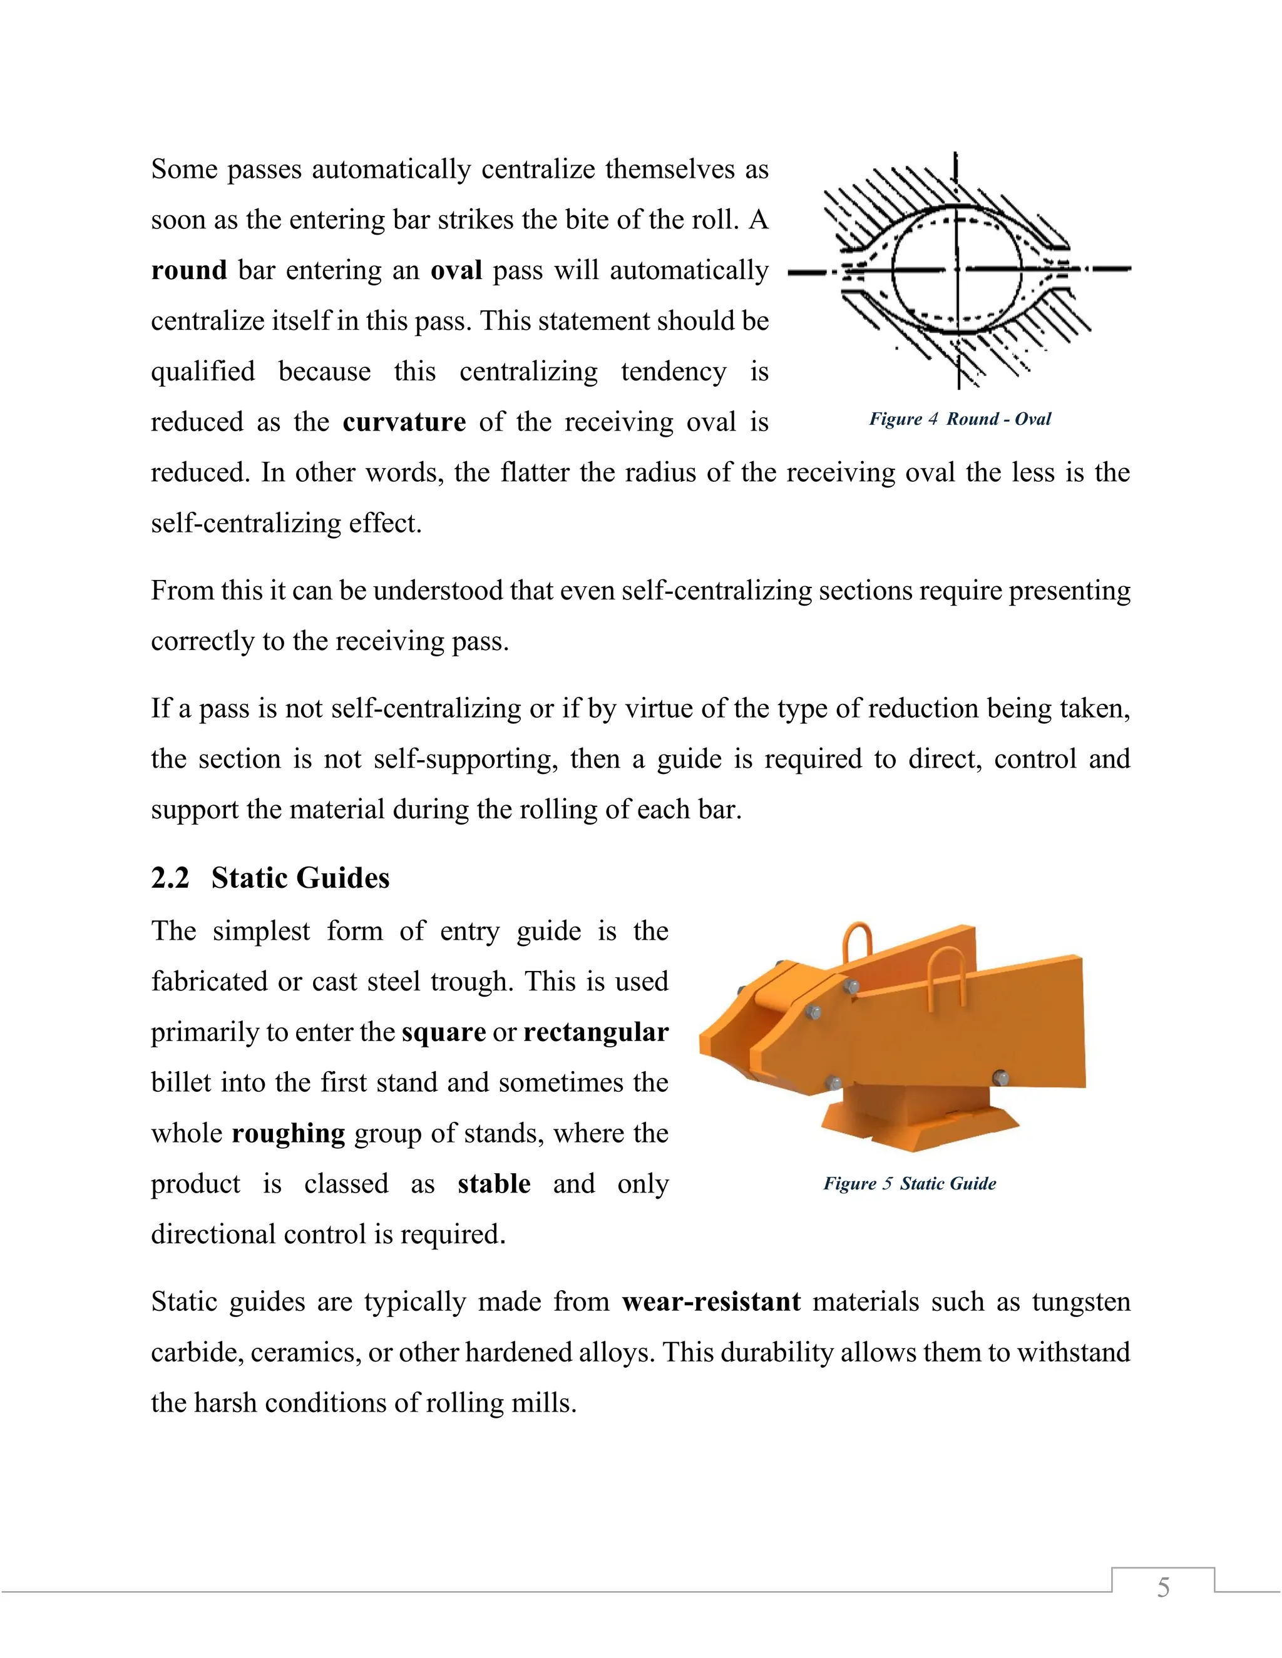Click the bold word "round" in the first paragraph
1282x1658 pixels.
pyautogui.click(x=188, y=270)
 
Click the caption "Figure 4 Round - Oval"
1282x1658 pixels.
pyautogui.click(x=960, y=419)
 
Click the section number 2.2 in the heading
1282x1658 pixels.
pyautogui.click(x=170, y=878)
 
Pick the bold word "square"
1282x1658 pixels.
pyautogui.click(x=444, y=1032)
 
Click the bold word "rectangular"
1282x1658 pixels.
pyautogui.click(x=595, y=1032)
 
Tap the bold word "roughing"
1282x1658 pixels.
pyautogui.click(x=288, y=1134)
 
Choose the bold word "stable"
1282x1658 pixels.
pyautogui.click(x=494, y=1184)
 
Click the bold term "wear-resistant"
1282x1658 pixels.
pyautogui.click(x=711, y=1302)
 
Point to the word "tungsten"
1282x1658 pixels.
pyautogui.click(x=1080, y=1302)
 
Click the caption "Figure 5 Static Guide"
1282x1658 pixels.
pyautogui.click(x=910, y=1184)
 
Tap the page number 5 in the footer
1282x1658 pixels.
pyautogui.click(x=1163, y=1587)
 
